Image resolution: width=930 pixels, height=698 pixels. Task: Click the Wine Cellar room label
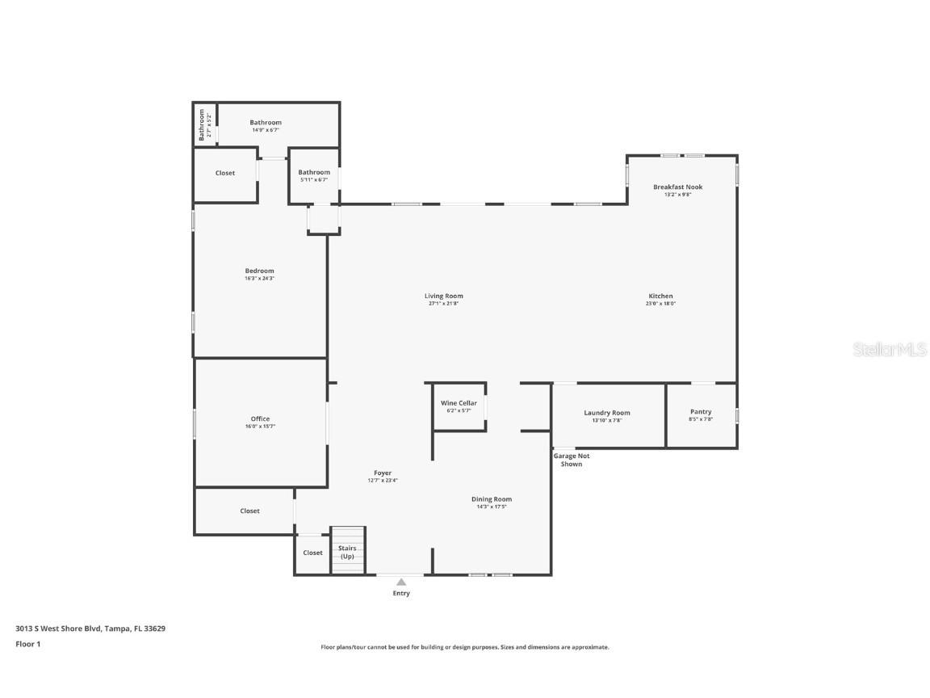coord(459,403)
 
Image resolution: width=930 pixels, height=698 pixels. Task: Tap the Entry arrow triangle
coord(401,582)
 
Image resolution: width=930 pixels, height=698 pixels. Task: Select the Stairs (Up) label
coord(347,552)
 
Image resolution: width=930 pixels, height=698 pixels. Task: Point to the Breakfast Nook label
coord(677,187)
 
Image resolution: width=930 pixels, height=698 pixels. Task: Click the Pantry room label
coord(701,412)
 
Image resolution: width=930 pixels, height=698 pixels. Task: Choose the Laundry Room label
coord(607,413)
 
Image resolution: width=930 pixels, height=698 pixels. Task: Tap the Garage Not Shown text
coord(571,460)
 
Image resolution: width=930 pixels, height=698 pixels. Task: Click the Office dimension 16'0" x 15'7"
coord(260,427)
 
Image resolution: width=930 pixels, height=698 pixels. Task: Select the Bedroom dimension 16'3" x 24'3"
coord(260,279)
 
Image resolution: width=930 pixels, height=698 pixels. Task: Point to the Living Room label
coord(444,296)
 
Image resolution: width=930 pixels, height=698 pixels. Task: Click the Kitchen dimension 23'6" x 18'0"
coord(660,304)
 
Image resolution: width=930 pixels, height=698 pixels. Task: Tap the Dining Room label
coord(492,499)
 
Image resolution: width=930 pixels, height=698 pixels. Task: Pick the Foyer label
coord(383,473)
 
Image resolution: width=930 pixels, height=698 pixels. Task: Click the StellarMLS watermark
coord(890,349)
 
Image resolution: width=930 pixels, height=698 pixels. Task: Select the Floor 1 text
coord(27,644)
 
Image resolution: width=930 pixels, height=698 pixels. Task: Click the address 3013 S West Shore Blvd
coord(90,628)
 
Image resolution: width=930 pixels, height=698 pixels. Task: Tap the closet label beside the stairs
coord(312,553)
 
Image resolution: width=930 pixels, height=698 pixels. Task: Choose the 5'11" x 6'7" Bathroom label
coord(314,172)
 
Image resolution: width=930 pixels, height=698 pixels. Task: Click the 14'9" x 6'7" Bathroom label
coord(266,123)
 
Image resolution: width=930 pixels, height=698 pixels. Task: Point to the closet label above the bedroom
coord(225,173)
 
